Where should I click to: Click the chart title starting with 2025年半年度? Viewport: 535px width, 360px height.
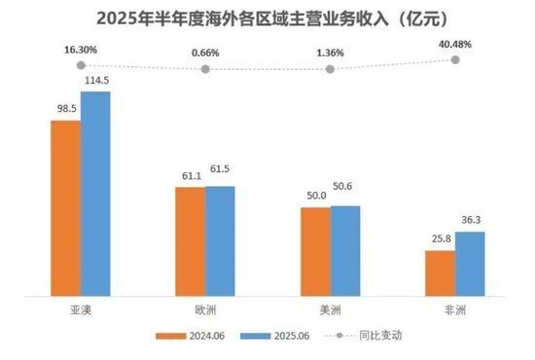pyautogui.click(x=267, y=18)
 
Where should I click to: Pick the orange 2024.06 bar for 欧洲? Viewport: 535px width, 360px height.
pyautogui.click(x=190, y=239)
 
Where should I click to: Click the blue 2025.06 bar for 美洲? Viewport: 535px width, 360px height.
pyautogui.click(x=345, y=249)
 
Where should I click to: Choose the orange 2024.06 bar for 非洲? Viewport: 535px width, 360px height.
pyautogui.click(x=441, y=271)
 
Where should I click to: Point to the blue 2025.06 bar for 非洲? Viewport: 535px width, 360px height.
pyautogui.click(x=470, y=262)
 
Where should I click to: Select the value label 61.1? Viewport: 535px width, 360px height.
pyautogui.click(x=188, y=176)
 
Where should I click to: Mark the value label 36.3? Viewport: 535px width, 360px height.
pyautogui.click(x=470, y=220)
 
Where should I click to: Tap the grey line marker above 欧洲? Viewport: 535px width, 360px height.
pyautogui.click(x=205, y=69)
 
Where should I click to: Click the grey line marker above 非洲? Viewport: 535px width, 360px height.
pyautogui.click(x=455, y=59)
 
